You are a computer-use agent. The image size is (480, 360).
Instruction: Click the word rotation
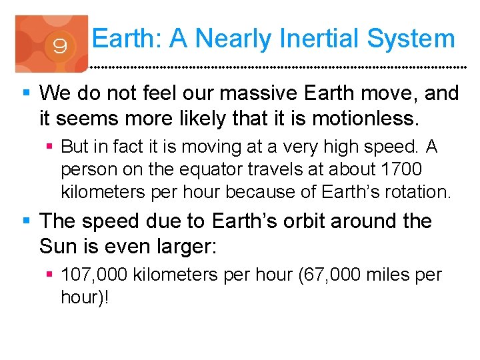(418, 193)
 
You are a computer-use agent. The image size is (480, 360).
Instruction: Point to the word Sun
(58, 247)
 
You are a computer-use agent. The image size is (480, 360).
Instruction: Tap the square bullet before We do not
(26, 93)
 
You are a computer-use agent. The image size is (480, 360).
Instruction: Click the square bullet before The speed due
(26, 221)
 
